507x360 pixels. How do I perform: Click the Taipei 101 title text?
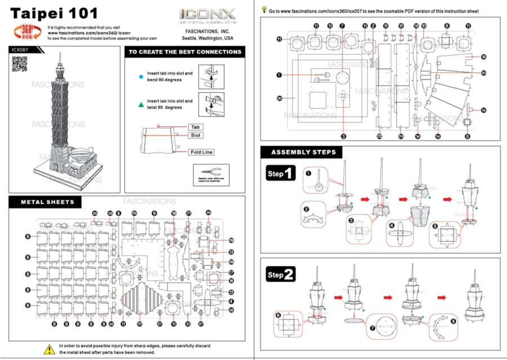click(x=54, y=13)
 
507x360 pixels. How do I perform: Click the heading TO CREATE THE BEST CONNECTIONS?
click(x=185, y=52)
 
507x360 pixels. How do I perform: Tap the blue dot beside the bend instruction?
click(x=140, y=76)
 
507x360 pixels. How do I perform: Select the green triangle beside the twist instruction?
click(x=140, y=104)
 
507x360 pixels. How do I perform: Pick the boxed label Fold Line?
click(x=201, y=152)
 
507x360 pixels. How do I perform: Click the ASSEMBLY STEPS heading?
click(x=304, y=152)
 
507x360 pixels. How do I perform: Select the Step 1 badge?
click(x=281, y=174)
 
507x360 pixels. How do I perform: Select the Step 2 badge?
click(x=281, y=275)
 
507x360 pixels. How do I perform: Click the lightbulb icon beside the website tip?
click(x=264, y=10)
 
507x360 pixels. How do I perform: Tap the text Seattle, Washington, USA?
click(x=207, y=38)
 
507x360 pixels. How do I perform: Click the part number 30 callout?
click(x=279, y=98)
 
